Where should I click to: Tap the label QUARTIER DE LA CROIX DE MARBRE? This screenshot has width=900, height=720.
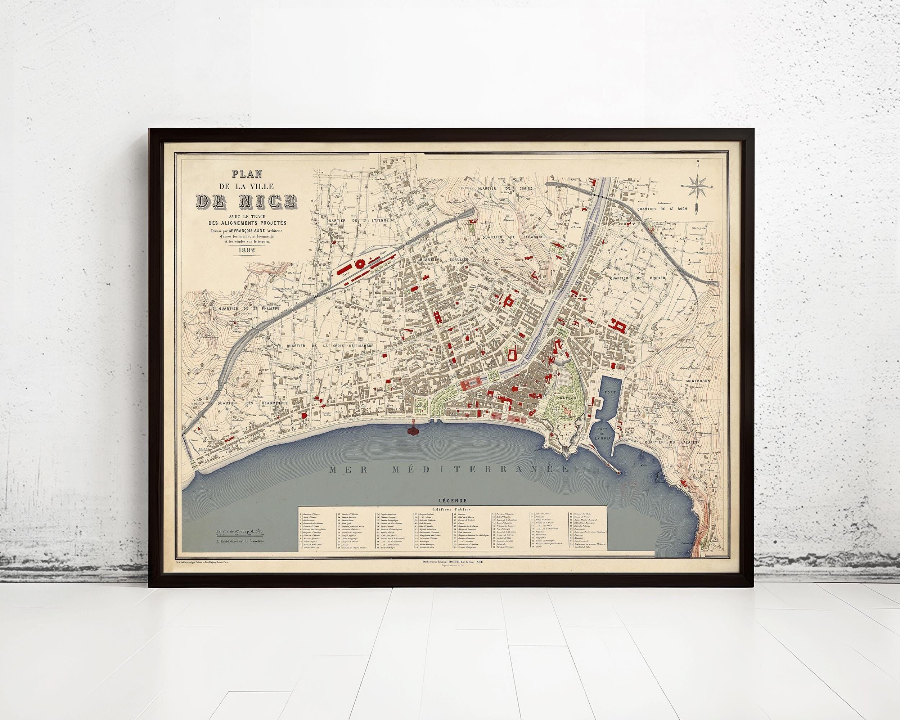[332, 346]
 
